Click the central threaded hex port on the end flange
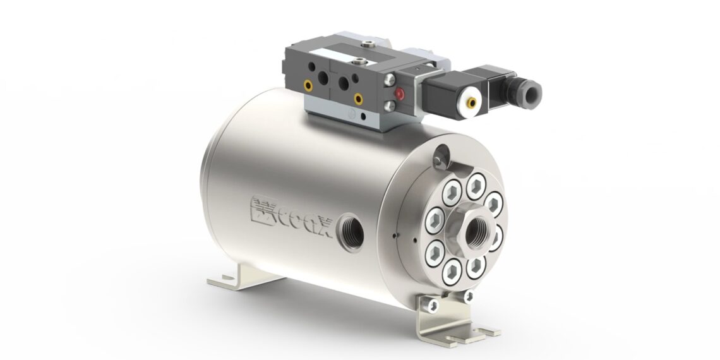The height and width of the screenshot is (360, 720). [473, 233]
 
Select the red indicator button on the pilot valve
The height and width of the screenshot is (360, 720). [399, 95]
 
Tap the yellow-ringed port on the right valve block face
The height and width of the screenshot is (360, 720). [358, 98]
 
